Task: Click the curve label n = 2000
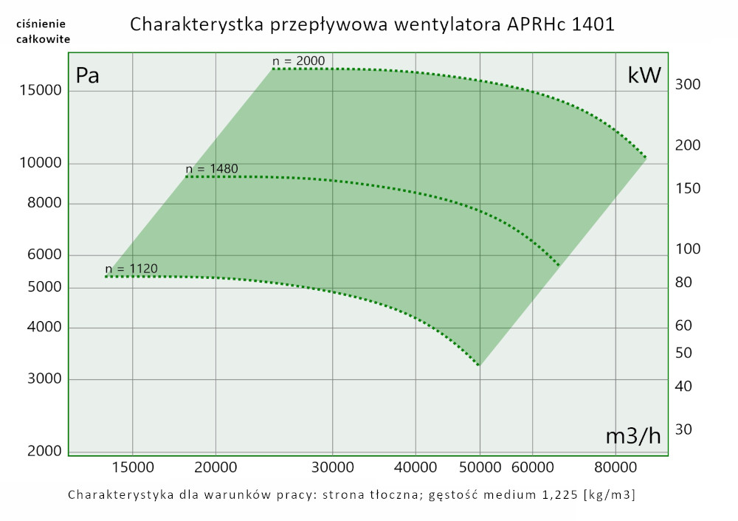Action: tap(298, 61)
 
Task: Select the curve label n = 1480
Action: tap(212, 169)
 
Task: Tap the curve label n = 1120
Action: tap(131, 269)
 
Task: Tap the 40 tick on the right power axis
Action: tap(683, 386)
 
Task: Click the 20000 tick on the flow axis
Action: tap(215, 467)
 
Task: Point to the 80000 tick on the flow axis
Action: tap(616, 467)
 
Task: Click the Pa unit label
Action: tap(88, 76)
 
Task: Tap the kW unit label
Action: tap(644, 75)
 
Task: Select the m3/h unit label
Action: tap(633, 436)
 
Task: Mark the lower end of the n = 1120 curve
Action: tap(479, 365)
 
